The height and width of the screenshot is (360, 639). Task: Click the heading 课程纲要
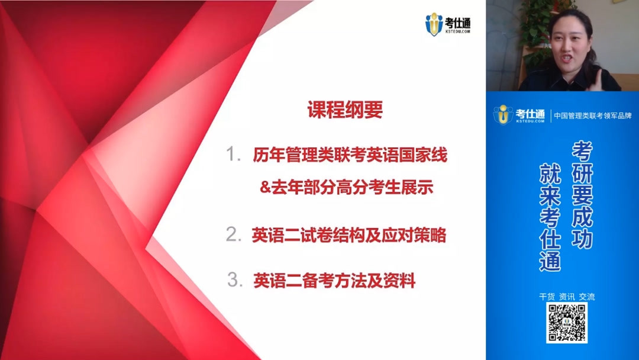point(345,110)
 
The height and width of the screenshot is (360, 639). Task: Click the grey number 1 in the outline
point(233,155)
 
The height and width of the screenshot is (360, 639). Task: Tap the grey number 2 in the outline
point(233,234)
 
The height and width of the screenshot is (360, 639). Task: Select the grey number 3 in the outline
point(235,280)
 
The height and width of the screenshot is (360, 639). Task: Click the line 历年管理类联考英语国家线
point(350,155)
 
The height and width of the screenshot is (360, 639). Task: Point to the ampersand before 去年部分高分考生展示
point(265,188)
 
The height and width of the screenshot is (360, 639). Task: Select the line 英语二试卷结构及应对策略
point(348,235)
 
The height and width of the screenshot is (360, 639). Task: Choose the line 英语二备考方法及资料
point(334,281)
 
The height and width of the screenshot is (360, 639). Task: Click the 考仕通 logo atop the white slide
point(448,24)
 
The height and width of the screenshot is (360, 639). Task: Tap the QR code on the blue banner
point(566,323)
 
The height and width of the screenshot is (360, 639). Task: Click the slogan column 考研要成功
point(582,195)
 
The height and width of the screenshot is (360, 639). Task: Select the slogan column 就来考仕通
point(550,217)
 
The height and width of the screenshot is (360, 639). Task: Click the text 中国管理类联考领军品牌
point(592,115)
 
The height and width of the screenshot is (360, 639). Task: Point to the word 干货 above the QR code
point(547,297)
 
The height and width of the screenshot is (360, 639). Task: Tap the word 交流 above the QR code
point(586,297)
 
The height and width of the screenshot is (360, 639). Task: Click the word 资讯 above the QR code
point(566,297)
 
